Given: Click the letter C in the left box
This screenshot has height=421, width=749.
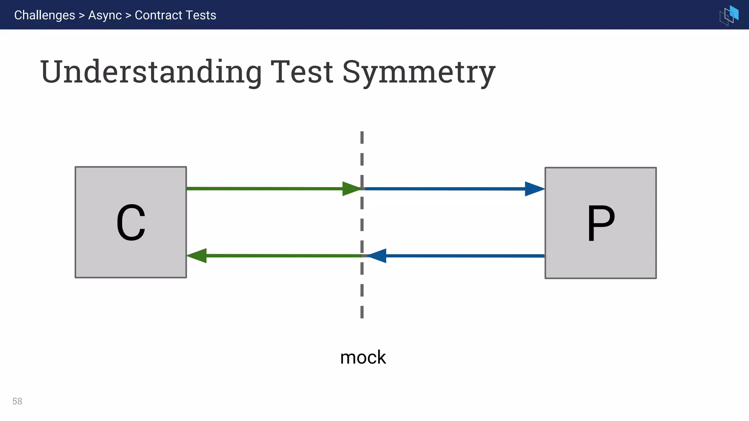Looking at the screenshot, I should tap(131, 223).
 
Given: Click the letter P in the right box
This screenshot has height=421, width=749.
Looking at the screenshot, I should tap(601, 223).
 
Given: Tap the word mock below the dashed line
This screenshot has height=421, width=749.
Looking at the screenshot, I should tap(363, 357).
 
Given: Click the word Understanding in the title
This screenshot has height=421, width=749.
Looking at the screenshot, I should tap(151, 72).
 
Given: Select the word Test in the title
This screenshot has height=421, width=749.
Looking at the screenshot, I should tap(302, 72).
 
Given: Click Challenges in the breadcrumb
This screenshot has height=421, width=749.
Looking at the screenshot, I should tap(45, 15).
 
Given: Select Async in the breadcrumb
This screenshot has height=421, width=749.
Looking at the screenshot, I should tap(105, 15).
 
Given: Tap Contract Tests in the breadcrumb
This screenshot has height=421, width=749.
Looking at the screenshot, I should tap(175, 15).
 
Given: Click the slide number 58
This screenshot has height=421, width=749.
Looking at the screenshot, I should tap(17, 401).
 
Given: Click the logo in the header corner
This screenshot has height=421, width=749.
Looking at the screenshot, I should tap(729, 15).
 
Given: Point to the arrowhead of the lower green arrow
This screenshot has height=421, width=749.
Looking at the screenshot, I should tap(197, 255).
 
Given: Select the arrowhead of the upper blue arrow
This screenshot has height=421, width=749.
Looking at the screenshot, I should tap(534, 189).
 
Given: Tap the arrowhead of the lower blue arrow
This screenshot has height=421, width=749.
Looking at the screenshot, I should tap(377, 256).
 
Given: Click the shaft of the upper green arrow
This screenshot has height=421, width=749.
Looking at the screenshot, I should tap(263, 189).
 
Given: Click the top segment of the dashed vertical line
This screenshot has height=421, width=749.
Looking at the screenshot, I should tap(362, 137).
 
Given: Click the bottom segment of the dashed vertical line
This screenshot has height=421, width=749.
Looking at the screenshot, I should tap(362, 312).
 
